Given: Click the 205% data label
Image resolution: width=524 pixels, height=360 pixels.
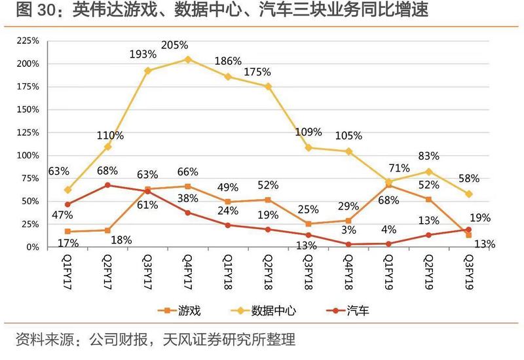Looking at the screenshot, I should [174, 45].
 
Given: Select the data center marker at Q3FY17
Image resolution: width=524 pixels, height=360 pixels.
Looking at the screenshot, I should [147, 70].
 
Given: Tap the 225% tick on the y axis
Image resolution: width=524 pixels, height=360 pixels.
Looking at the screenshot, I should [28, 41].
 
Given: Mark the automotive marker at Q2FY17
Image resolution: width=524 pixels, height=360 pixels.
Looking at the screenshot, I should [108, 185].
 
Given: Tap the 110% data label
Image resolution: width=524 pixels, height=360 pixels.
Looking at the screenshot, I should [110, 135].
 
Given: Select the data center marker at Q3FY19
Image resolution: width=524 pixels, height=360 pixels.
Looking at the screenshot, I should [468, 194].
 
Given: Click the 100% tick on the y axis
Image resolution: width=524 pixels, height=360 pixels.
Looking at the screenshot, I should [28, 156].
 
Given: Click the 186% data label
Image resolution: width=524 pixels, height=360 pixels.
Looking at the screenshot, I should [229, 62].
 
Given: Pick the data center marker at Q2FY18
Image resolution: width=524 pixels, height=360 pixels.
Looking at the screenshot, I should [268, 86].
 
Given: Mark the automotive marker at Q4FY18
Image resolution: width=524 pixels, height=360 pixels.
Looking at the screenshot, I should [348, 244].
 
